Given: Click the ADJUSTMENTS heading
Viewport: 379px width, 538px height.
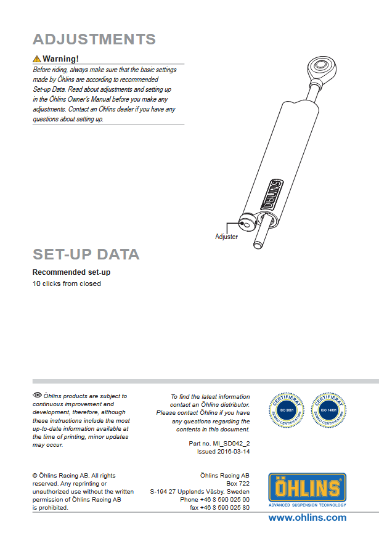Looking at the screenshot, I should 94,39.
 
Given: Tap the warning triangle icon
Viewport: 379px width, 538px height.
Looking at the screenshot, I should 36,59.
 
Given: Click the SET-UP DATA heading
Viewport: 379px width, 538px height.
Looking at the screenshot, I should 86,255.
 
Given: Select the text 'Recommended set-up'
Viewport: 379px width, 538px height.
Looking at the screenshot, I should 71,272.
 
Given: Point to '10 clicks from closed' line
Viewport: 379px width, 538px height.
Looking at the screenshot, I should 67,283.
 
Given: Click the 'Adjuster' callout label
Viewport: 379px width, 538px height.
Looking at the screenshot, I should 226,237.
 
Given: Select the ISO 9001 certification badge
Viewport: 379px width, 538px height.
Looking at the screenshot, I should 285,409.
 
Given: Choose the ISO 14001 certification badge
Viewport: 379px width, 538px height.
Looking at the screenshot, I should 327,409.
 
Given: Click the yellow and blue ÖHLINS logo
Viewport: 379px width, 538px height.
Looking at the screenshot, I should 307,488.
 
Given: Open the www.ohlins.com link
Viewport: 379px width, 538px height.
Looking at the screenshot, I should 307,518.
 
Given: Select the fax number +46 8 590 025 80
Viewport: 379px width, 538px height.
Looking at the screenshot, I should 228,507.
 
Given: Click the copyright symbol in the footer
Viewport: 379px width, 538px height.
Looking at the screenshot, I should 35,476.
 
